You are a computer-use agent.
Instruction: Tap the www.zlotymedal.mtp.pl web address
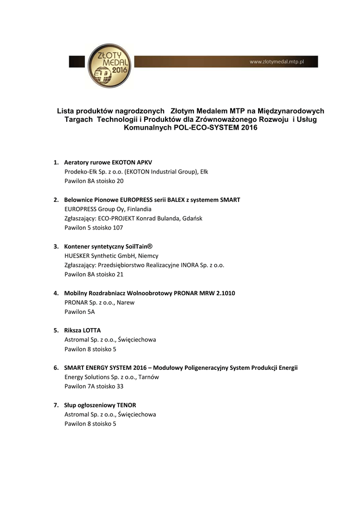pos(276,62)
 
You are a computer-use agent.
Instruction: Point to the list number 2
pos(56,200)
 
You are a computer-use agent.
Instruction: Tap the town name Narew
pos(126,302)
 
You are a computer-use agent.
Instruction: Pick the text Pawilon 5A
pos(80,312)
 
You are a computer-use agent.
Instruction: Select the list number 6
pos(56,368)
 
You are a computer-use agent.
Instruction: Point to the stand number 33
pos(119,386)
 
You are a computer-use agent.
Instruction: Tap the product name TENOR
pos(126,405)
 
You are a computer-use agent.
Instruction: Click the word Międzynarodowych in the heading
pos(292,111)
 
